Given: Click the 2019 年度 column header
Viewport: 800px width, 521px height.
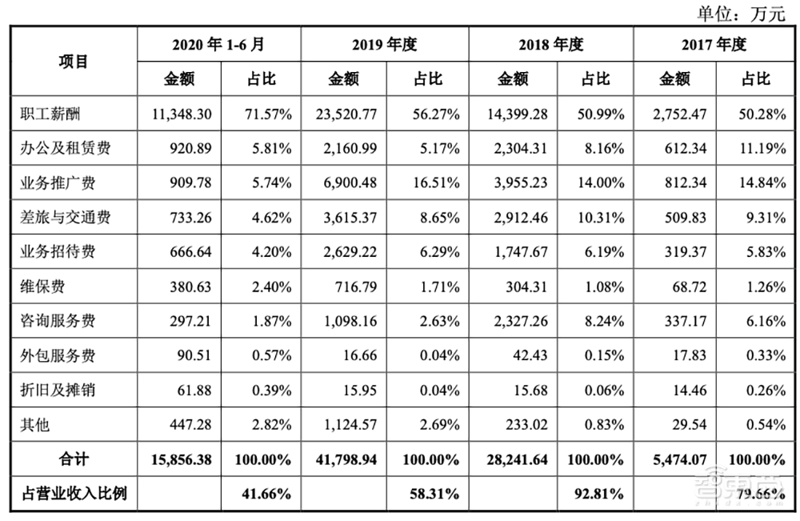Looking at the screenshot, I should [x=385, y=45].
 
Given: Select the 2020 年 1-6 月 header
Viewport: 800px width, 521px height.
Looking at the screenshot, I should [x=218, y=45].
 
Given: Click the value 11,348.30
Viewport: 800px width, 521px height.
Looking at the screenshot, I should [x=181, y=114].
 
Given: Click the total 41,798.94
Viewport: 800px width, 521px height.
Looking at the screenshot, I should [x=346, y=459].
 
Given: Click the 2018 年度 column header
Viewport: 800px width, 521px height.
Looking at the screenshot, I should [x=550, y=45].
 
